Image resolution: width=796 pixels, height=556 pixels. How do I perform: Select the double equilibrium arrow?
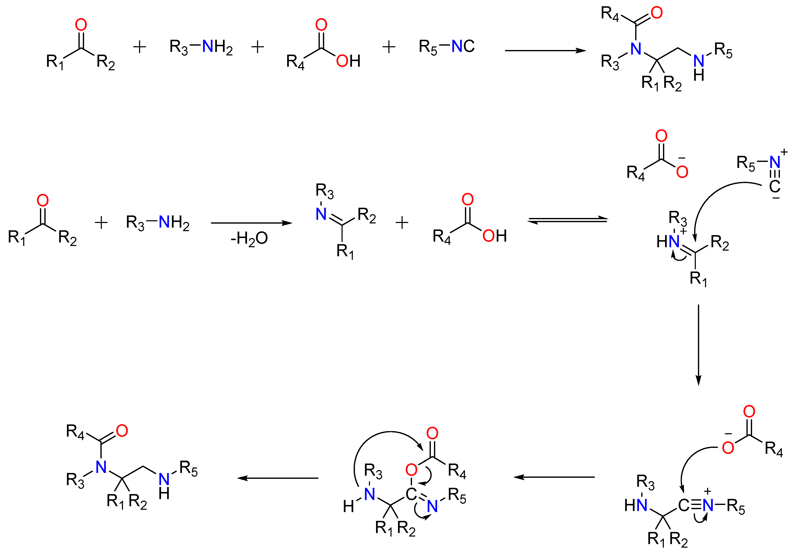point(568,220)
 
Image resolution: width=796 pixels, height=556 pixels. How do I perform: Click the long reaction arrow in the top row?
point(545,51)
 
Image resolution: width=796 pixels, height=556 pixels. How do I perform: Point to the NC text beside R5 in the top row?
point(463,46)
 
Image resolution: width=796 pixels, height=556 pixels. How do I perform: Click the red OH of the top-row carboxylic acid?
point(348,61)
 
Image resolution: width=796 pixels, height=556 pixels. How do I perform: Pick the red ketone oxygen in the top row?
point(81,25)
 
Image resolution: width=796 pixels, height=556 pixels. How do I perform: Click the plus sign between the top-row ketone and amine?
point(140,47)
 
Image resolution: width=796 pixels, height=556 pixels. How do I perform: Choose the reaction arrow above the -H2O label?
point(252,223)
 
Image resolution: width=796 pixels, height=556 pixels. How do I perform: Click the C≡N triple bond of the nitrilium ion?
point(696,505)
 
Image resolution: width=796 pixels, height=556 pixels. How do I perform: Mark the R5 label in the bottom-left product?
point(189,469)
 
